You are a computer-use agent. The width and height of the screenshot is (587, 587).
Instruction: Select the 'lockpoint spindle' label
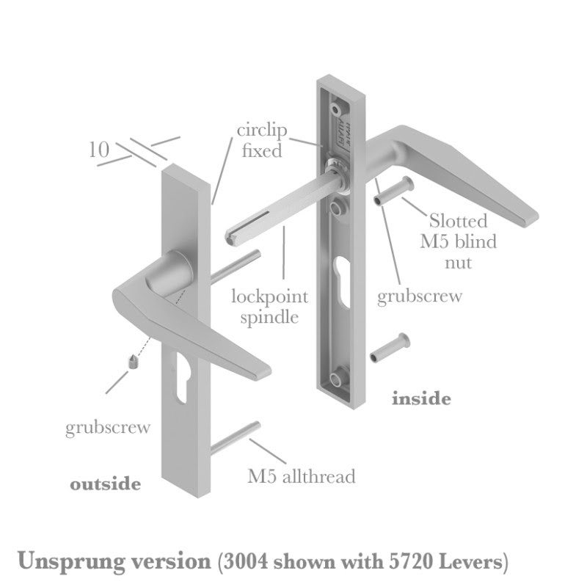pos(269,307)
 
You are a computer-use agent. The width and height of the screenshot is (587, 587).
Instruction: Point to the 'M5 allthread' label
pos(301,476)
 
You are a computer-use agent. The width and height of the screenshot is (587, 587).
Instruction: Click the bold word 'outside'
pos(105,484)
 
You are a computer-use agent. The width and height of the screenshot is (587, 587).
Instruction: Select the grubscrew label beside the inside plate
pos(420,296)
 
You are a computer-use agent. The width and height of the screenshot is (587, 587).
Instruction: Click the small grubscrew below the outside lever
pos(133,361)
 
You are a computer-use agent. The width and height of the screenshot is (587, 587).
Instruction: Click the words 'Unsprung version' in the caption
pos(114,562)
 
